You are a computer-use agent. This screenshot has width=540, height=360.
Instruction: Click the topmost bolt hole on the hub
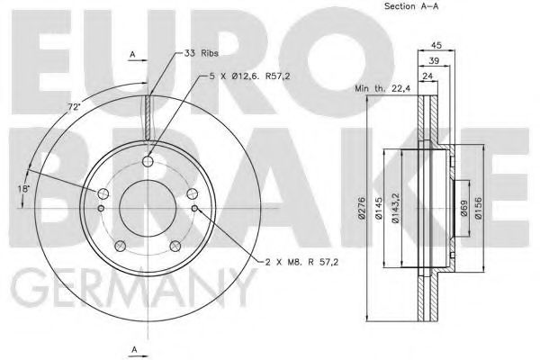148,163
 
